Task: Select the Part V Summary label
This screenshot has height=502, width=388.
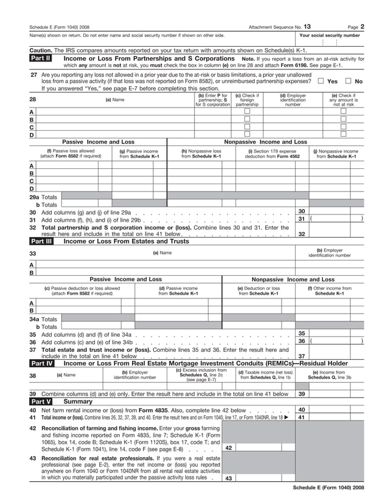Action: [41, 402]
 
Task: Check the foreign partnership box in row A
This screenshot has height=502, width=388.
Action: [246, 111]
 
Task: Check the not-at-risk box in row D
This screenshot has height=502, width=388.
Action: [343, 134]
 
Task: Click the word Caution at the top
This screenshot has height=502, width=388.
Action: [41, 50]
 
